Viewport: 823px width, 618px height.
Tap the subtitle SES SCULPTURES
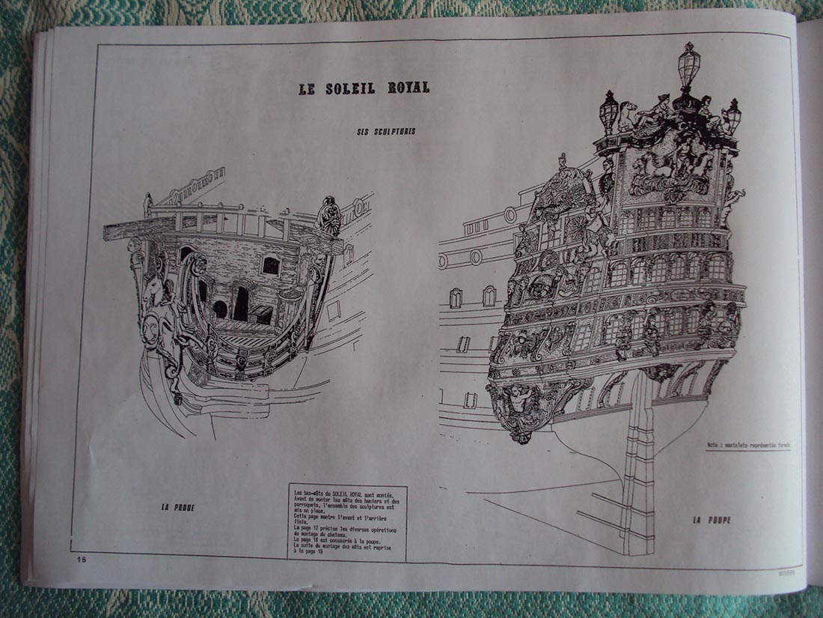click(x=386, y=132)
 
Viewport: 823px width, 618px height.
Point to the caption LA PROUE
click(x=177, y=507)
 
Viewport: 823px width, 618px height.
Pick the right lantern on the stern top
click(x=733, y=114)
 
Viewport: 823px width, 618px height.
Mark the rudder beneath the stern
click(x=638, y=464)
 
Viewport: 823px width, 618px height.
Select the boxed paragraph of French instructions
click(x=347, y=521)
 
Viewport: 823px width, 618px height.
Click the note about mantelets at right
click(x=748, y=445)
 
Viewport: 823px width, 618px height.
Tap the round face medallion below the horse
click(x=151, y=330)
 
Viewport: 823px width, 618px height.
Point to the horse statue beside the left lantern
click(x=627, y=116)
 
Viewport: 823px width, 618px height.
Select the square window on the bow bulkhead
click(x=270, y=264)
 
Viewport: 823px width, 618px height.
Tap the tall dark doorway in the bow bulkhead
click(x=241, y=303)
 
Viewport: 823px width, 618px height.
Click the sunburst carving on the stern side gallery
click(x=557, y=196)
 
